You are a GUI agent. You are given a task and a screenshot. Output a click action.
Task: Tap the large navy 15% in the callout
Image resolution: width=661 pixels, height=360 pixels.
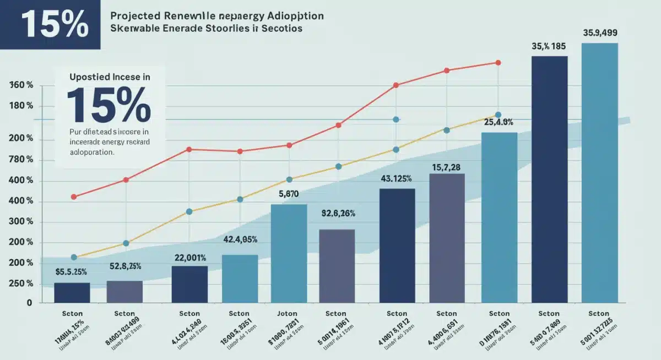click(x=109, y=105)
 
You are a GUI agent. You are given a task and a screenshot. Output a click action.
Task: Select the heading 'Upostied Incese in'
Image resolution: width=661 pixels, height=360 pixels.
click(x=110, y=78)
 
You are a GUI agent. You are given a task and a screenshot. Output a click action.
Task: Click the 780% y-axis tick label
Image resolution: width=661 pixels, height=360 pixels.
click(x=21, y=160)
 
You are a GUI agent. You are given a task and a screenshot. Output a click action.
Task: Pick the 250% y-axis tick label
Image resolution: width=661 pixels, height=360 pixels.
click(x=21, y=283)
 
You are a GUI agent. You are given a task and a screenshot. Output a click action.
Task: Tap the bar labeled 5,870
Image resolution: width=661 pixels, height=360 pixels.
click(x=289, y=253)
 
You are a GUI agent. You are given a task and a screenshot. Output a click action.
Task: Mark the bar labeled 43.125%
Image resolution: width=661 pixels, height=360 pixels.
click(x=397, y=246)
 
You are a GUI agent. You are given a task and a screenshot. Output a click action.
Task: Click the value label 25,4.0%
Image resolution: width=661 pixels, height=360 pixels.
click(x=499, y=122)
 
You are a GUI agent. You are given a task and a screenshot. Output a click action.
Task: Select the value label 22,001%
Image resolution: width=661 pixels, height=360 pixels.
click(x=190, y=258)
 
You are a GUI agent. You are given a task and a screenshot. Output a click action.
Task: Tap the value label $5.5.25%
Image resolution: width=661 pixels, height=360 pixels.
click(x=72, y=271)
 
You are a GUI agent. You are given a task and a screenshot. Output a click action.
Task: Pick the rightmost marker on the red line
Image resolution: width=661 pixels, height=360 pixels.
click(x=498, y=63)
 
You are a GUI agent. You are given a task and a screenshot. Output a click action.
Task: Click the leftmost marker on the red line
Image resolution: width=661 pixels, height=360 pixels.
click(x=74, y=197)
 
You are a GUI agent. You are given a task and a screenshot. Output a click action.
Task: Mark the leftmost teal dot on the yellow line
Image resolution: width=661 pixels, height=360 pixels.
click(x=74, y=257)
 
